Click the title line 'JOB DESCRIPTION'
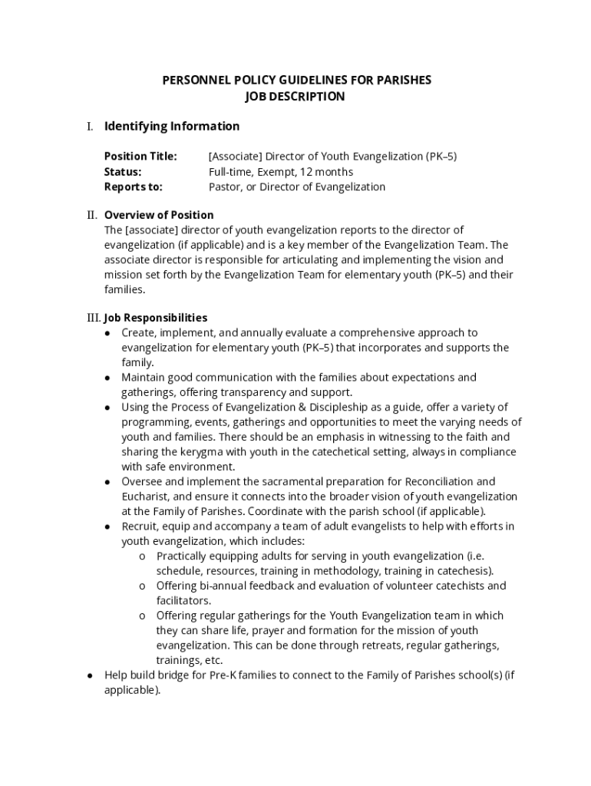295,97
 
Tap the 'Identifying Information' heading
172,126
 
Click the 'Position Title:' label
140,157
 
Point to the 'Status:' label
123,172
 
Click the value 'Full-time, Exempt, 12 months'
281,172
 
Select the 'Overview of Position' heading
159,215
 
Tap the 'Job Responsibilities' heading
156,318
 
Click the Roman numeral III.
94,318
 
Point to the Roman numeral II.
92,215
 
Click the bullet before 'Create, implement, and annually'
107,333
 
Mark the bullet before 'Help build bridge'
90,675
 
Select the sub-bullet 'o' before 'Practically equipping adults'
143,556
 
